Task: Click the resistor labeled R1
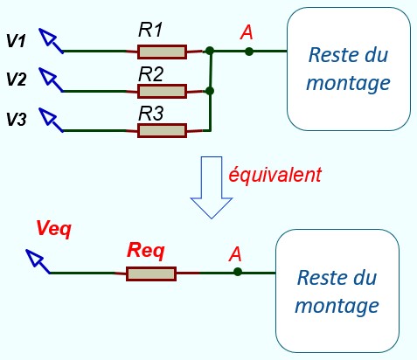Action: coord(162,52)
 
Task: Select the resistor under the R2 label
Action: coord(162,91)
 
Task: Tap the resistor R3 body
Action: coord(162,131)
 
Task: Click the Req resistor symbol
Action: coord(151,273)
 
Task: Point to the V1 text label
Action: coord(16,40)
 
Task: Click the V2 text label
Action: coord(17,80)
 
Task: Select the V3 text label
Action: coord(17,120)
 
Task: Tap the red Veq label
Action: coord(54,229)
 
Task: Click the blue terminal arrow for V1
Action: coord(51,40)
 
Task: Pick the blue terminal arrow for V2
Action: coord(51,80)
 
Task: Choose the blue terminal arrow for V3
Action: coord(51,120)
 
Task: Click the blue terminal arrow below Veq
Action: coord(38,261)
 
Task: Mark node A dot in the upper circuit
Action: coord(249,52)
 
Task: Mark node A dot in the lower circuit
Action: coord(238,272)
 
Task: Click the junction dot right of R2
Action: coord(210,91)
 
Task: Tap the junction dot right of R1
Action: coord(210,51)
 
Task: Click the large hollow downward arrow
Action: coord(212,187)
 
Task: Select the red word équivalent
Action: coord(275,175)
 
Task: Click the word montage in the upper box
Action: coord(348,84)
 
